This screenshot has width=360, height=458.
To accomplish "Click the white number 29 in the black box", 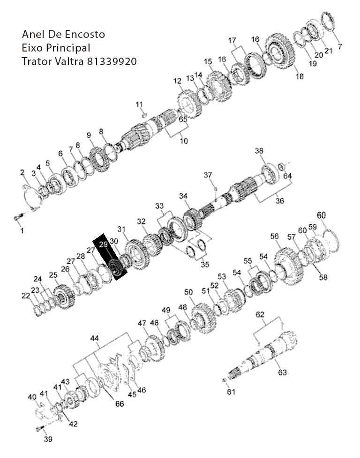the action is tap(103, 244).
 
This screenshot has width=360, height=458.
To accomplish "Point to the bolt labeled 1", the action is tap(18, 218).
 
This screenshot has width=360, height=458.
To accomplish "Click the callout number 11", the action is tap(139, 104).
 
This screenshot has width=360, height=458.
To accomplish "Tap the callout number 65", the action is tap(183, 119).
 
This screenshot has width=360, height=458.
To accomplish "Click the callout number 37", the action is tap(208, 175).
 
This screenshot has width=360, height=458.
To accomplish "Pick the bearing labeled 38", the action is tap(270, 175).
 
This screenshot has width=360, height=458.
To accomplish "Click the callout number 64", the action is tap(287, 176).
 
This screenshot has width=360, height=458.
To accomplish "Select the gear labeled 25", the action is tap(64, 296).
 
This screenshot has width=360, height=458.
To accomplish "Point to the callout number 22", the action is tap(26, 295).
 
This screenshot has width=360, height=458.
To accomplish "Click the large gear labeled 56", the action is tap(289, 266).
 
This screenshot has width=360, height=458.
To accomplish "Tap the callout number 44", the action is tap(95, 338).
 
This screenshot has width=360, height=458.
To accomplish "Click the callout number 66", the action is tap(120, 404).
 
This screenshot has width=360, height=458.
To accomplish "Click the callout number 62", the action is tap(260, 315).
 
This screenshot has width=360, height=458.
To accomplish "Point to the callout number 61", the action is tap(231, 392).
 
